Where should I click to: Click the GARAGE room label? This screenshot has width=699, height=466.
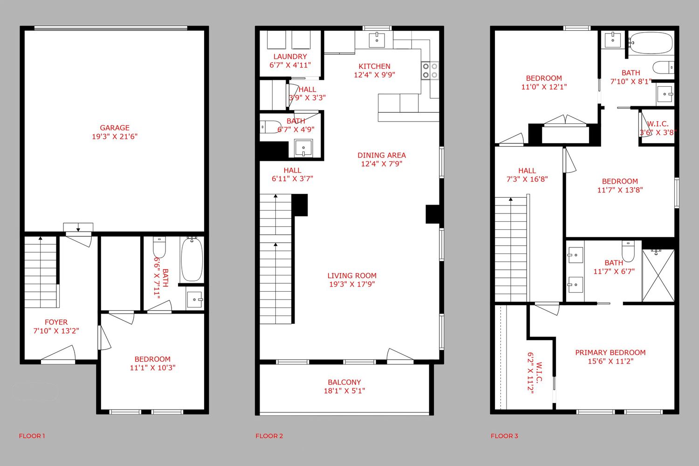point(115,128)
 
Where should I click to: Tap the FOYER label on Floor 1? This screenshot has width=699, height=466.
point(56,322)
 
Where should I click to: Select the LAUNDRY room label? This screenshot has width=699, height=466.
point(290,56)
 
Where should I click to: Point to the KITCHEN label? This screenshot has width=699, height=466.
point(375,66)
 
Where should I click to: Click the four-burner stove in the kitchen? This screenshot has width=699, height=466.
point(430,70)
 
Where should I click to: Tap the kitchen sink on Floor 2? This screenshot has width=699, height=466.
point(377,40)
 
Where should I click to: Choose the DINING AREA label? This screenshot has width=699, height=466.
point(382,155)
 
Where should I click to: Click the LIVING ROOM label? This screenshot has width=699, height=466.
point(352,275)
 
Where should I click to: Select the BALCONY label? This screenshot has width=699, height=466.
point(344,382)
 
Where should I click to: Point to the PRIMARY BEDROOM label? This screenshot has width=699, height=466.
point(610,352)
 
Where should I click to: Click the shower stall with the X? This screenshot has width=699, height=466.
point(658,275)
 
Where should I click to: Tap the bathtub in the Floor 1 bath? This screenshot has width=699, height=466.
point(192,260)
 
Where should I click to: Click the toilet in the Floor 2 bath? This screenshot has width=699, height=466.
point(271,127)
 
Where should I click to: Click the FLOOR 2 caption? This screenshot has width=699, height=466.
point(269,436)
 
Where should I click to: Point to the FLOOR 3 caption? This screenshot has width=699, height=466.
point(504,436)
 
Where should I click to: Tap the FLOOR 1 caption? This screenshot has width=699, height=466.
point(32,436)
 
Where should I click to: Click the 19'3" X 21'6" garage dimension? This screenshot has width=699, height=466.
point(115,137)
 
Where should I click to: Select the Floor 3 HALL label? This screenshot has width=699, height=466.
point(527,171)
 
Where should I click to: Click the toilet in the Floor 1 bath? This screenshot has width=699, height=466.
point(159,247)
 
